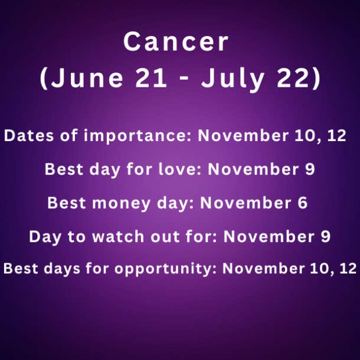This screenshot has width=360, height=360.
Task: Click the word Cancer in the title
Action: (176, 42)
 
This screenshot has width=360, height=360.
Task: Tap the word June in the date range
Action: (87, 78)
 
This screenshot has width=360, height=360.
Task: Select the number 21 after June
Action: (151, 78)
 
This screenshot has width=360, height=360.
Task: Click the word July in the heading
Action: (233, 79)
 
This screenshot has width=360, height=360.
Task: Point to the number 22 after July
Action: (294, 78)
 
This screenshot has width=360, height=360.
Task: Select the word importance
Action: (137, 136)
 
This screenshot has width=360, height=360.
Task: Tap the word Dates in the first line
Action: (29, 135)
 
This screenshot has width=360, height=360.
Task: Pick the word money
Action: (121, 204)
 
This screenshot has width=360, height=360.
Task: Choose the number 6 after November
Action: (303, 203)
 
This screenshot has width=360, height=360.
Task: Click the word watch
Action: (118, 237)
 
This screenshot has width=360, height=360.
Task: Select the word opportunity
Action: (165, 269)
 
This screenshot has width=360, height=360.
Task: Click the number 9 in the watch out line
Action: (326, 237)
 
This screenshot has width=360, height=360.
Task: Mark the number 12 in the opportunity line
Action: (348, 268)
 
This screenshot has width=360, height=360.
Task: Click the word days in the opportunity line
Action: (62, 269)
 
